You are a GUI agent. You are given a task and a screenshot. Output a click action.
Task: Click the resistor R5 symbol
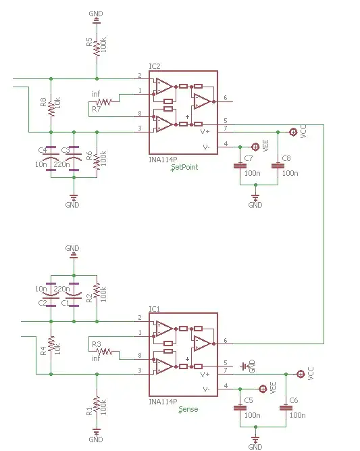[97, 47]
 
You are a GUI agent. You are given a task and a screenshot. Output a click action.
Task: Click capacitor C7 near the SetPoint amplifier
[238, 166]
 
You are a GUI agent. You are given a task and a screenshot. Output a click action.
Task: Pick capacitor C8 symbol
[276, 166]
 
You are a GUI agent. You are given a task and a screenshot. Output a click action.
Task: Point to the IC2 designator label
[154, 66]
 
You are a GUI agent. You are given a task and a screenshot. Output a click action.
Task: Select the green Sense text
[188, 409]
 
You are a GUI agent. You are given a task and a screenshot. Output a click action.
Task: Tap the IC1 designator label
[154, 309]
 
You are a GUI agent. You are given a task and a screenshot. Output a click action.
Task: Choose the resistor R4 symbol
[50, 349]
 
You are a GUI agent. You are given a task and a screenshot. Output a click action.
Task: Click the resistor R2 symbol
[97, 291]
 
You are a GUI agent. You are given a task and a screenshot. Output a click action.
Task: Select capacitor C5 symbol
[238, 408]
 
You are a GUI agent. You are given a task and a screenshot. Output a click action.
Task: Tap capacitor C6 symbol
[289, 408]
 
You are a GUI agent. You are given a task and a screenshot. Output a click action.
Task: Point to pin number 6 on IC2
[225, 98]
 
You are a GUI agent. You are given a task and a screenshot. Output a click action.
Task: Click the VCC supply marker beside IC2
[293, 132]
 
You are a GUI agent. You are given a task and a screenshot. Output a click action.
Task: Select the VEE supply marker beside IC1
[263, 388]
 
